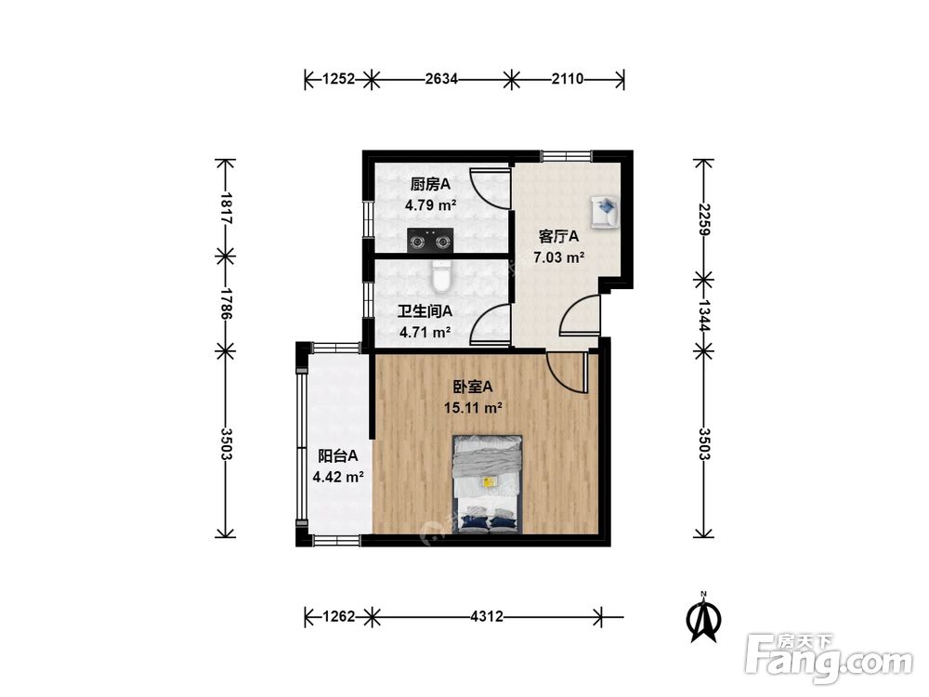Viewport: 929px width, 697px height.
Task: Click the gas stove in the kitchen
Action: (x=430, y=241)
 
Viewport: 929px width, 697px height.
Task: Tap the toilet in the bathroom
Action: (x=441, y=277)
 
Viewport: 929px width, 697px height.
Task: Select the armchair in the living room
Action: (x=605, y=212)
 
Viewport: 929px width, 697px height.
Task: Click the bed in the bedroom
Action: (x=488, y=484)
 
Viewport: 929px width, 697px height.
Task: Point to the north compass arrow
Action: (x=703, y=617)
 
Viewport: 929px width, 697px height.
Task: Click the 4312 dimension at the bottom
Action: (x=487, y=616)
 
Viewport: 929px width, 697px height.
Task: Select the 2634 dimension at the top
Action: (x=441, y=78)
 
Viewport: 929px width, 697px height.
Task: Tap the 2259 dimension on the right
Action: (x=703, y=219)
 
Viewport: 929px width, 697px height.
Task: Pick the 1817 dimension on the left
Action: (x=225, y=207)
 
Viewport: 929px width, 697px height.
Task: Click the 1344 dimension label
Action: (x=703, y=315)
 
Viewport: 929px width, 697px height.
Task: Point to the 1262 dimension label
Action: (x=338, y=616)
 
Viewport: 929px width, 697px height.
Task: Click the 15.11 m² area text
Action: (x=474, y=408)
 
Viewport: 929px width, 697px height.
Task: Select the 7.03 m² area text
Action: (x=558, y=257)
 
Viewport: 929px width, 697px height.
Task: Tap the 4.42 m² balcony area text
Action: (x=338, y=477)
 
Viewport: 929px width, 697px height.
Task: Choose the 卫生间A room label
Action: (x=425, y=311)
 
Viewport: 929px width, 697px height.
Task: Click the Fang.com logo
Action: (x=830, y=658)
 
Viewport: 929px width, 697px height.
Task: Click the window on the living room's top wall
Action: (x=567, y=155)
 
